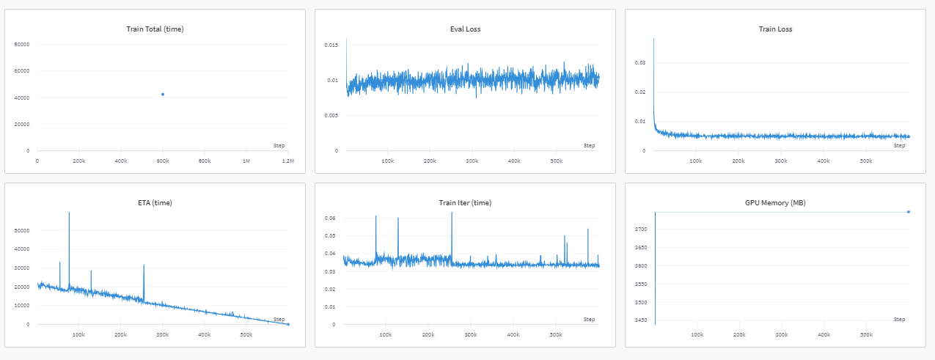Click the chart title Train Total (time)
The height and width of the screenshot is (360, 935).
click(155, 29)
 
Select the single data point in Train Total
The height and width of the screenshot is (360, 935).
click(163, 94)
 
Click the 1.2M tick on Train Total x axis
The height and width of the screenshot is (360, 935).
click(288, 160)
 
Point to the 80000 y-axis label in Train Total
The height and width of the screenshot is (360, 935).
click(22, 44)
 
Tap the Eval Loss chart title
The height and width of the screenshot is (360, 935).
click(465, 29)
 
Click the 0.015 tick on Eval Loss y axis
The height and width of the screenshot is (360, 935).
click(331, 45)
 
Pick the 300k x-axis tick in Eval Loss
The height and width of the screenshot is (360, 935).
click(472, 160)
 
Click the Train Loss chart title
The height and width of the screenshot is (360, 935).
click(775, 29)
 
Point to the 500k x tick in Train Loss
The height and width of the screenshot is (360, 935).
click(866, 160)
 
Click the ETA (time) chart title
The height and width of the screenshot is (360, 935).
click(155, 202)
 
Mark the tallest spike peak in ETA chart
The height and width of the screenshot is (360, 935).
click(69, 213)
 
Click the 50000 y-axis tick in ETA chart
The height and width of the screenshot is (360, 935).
click(23, 230)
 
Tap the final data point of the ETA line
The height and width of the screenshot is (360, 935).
click(288, 324)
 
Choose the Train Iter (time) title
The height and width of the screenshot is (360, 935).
click(465, 202)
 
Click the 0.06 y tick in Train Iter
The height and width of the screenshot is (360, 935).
click(331, 218)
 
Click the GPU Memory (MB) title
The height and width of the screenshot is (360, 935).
click(775, 202)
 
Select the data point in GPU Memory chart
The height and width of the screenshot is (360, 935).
click(909, 212)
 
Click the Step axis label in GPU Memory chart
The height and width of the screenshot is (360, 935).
click(899, 319)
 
